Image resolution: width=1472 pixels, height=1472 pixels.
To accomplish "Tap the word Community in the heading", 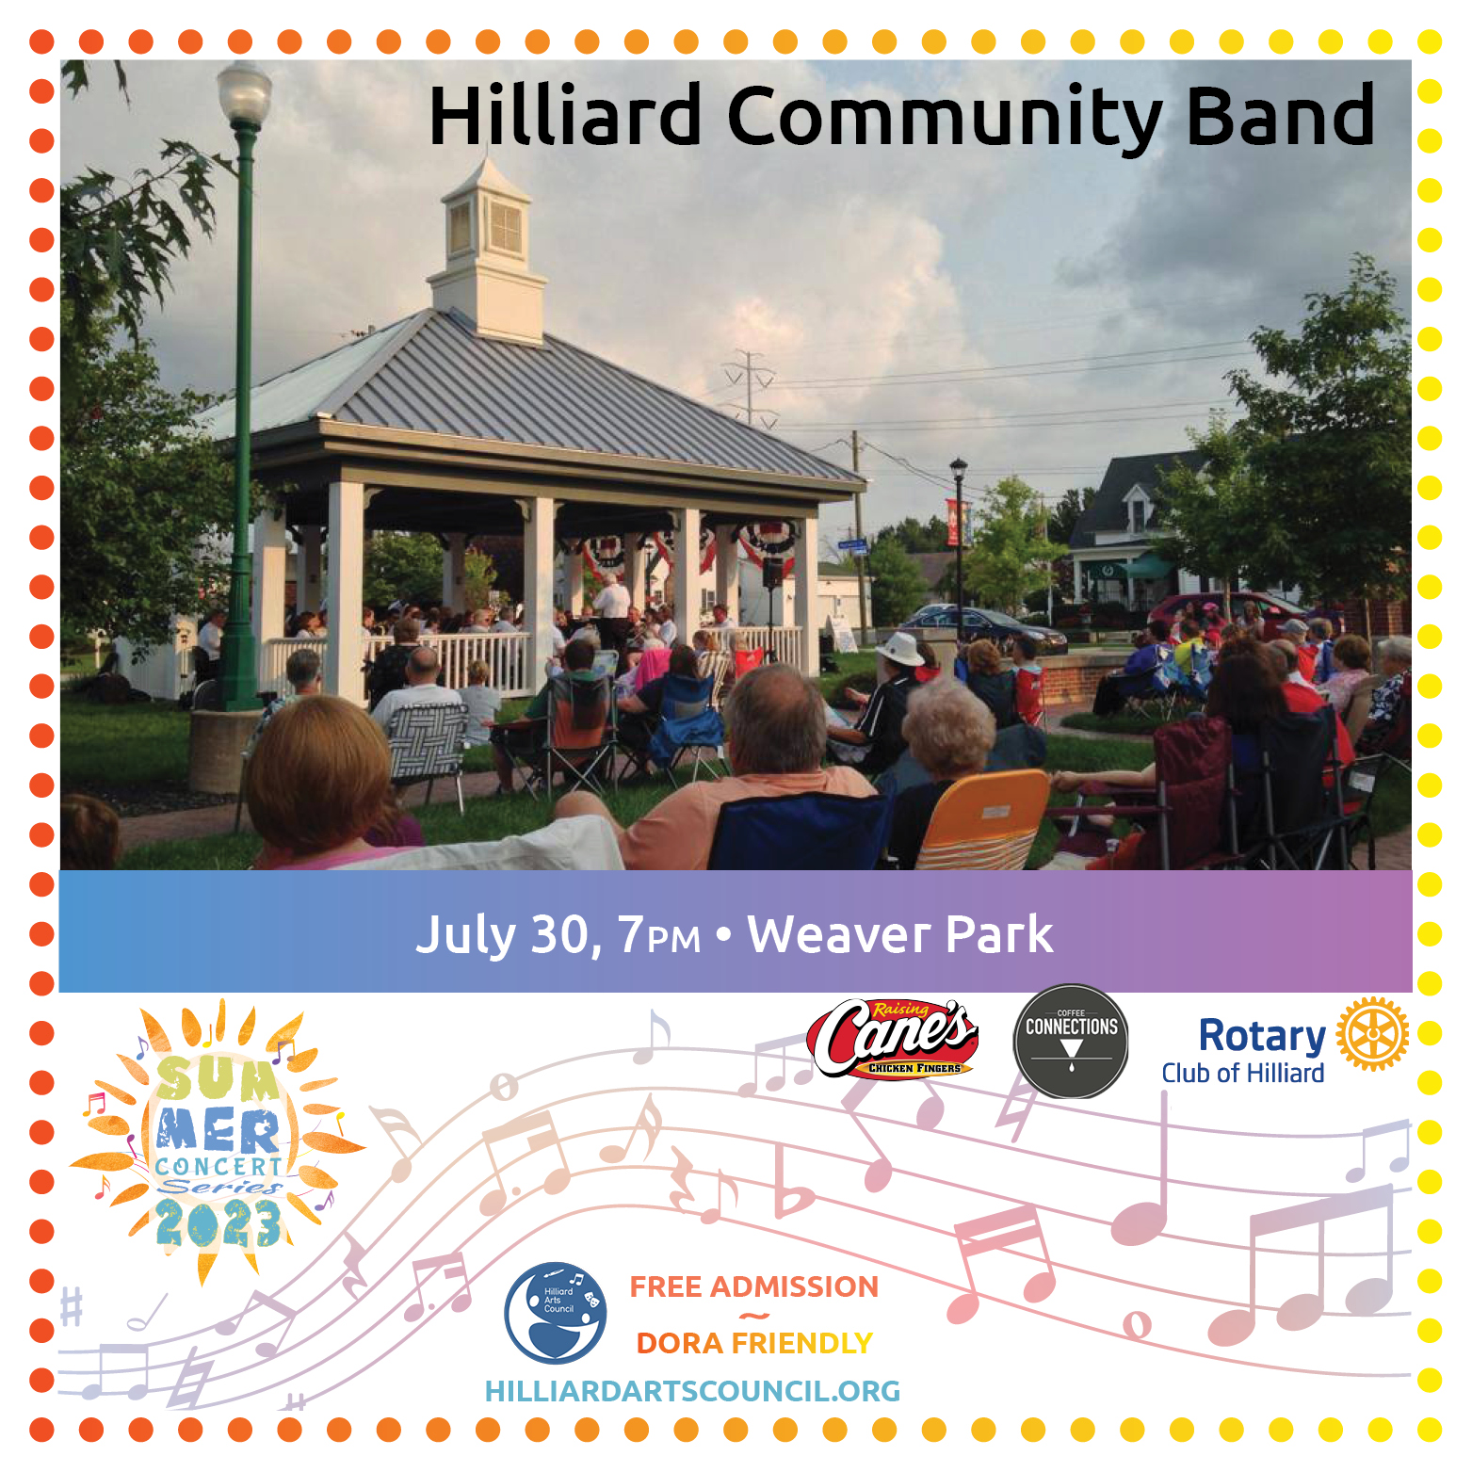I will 945,118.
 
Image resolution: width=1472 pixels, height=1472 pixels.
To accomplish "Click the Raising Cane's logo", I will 893,1039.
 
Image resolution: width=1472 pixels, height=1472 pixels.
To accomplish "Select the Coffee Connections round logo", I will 1071,1041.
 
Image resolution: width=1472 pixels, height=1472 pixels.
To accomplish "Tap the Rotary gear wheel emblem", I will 1372,1034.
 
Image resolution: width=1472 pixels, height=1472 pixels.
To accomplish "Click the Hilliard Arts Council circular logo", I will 555,1313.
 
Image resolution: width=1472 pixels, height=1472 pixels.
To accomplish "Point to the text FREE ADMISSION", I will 753,1286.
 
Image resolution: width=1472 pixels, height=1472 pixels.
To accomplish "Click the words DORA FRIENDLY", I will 753,1343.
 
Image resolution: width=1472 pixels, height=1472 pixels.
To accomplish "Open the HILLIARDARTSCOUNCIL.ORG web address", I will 692,1391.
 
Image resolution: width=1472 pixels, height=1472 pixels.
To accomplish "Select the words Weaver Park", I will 899,934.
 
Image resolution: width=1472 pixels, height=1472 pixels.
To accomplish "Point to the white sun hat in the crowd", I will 899,649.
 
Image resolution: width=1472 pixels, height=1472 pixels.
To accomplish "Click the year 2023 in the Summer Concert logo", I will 218,1224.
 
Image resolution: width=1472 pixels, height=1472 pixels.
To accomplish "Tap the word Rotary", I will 1261,1036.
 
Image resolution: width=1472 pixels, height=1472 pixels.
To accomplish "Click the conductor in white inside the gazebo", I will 613,601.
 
